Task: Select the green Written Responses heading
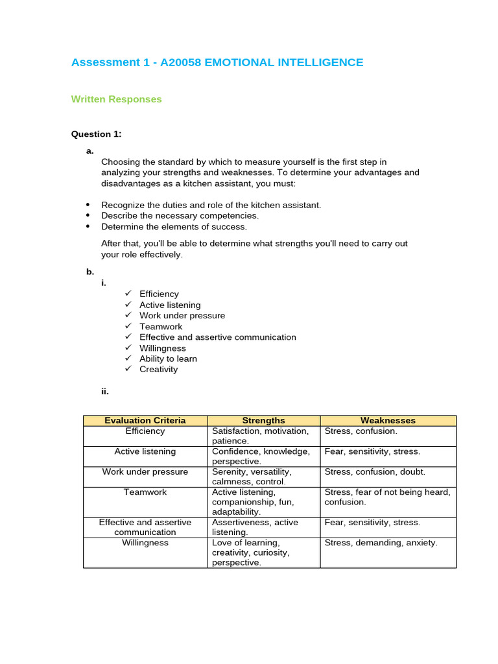point(116,99)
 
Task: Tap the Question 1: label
point(96,134)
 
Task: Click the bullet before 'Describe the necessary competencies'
point(88,216)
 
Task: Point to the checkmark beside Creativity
point(128,369)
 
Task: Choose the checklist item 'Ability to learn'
point(168,359)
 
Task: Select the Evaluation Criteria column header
point(145,420)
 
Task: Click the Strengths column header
point(263,420)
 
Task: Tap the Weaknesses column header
point(388,420)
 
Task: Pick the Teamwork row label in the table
point(145,492)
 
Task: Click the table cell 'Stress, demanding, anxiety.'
point(381,543)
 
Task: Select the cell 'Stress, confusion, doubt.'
point(374,472)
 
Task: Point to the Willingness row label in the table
point(145,543)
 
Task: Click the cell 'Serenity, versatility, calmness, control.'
point(252,477)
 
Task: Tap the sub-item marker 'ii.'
point(105,392)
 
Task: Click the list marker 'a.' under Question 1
point(90,151)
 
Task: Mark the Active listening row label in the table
point(145,451)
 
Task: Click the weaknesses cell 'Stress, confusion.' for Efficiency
point(361,431)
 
